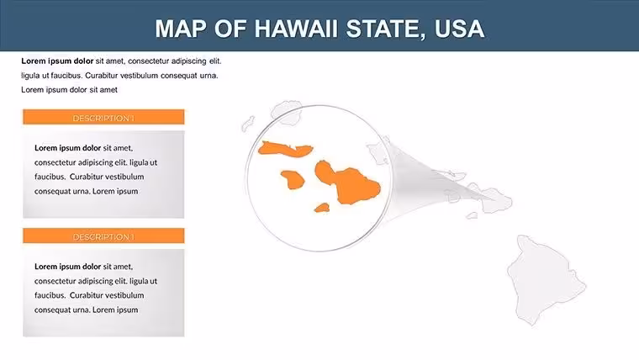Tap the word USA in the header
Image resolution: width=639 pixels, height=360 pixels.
pyautogui.click(x=459, y=29)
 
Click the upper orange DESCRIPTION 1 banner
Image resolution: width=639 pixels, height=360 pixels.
pyautogui.click(x=103, y=117)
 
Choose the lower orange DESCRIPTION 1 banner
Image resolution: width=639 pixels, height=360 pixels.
pyautogui.click(x=103, y=236)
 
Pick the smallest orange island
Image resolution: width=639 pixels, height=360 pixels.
pyautogui.click(x=322, y=208)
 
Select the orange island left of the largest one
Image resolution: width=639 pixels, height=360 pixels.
pyautogui.click(x=293, y=180)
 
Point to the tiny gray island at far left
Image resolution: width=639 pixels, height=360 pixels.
pyautogui.click(x=248, y=124)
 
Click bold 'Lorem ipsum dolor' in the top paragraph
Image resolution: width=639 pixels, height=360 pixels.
pyautogui.click(x=57, y=61)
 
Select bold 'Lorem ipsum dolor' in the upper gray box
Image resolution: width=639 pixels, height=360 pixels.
pyautogui.click(x=67, y=148)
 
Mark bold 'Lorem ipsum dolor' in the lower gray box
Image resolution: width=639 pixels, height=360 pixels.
pyautogui.click(x=67, y=267)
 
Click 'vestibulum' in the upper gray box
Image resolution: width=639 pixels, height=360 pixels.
pyautogui.click(x=124, y=177)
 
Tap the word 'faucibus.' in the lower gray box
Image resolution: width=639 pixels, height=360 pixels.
pyautogui.click(x=50, y=295)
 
